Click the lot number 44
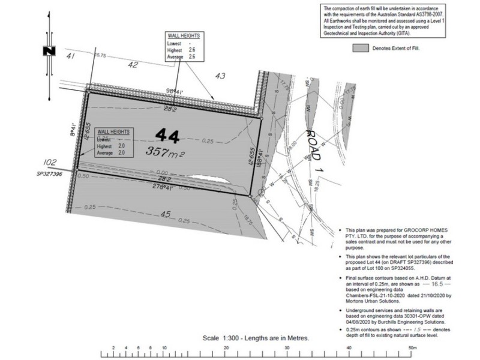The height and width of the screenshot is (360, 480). click(167, 136)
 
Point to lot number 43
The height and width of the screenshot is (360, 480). click(220, 76)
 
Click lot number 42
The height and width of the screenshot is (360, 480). click(133, 64)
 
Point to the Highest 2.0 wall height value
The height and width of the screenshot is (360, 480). click(121, 146)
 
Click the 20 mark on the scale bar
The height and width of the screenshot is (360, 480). click(226, 349)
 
